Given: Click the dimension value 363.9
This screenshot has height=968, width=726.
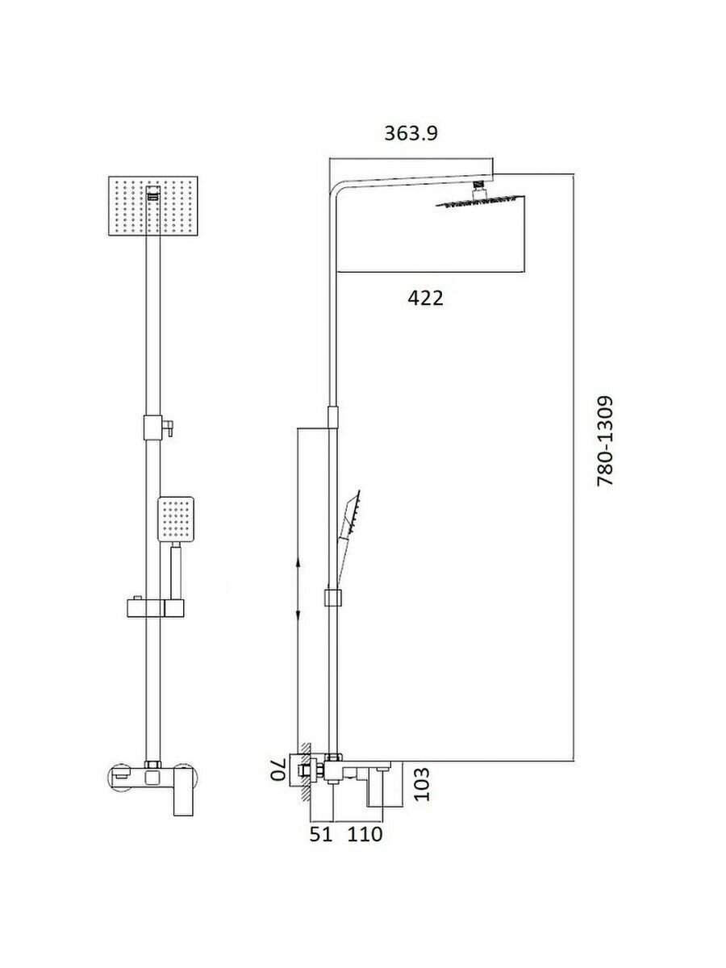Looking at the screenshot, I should pos(411,134).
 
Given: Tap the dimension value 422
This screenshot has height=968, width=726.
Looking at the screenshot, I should pos(425,298).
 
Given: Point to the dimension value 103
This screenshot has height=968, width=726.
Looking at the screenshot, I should pos(421,784).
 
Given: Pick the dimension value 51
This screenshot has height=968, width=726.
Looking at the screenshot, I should pos(321,834).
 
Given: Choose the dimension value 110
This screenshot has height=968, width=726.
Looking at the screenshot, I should pos(365,834).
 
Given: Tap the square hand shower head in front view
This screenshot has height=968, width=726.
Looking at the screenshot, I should pos(176,519).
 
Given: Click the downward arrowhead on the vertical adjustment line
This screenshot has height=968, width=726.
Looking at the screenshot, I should pos(298,617).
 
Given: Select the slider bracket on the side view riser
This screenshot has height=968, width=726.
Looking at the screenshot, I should pos(332,599).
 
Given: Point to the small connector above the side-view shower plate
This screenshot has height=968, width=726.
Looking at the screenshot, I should pos(478,188).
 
